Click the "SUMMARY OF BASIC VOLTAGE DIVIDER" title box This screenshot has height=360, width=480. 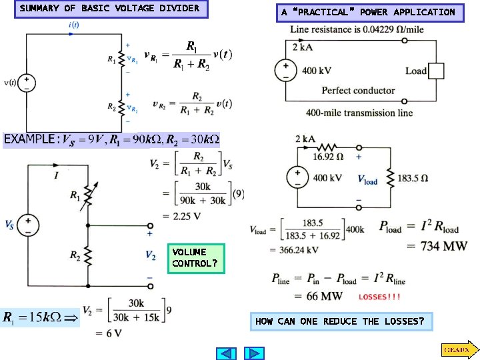tap(110, 9)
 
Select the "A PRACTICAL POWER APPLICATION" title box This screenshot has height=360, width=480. tap(368, 12)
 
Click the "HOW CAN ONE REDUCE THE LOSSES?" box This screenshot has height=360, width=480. tap(340, 322)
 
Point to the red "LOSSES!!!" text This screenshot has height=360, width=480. tap(380, 297)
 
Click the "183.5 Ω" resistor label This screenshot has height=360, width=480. tap(413, 178)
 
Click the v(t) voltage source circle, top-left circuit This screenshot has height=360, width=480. tap(27, 83)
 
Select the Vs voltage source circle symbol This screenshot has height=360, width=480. tap(29, 223)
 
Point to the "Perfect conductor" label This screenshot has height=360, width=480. tap(358, 91)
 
